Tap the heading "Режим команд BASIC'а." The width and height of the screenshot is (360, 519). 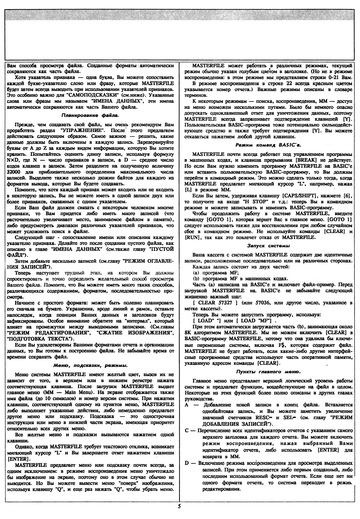click(x=268, y=145)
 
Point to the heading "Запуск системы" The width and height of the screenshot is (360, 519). click(x=268, y=246)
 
